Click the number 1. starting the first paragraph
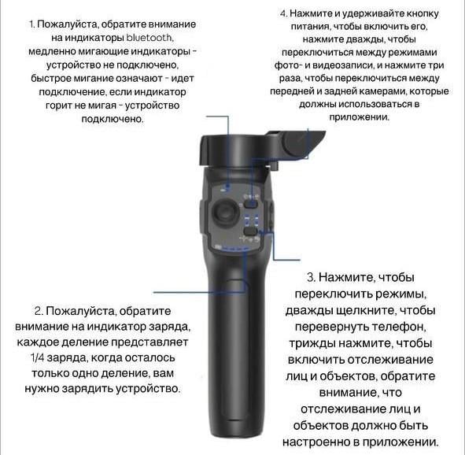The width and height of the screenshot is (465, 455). click(32, 24)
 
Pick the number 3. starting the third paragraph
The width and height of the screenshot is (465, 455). click(312, 277)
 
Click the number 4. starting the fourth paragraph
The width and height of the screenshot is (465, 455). click(284, 14)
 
